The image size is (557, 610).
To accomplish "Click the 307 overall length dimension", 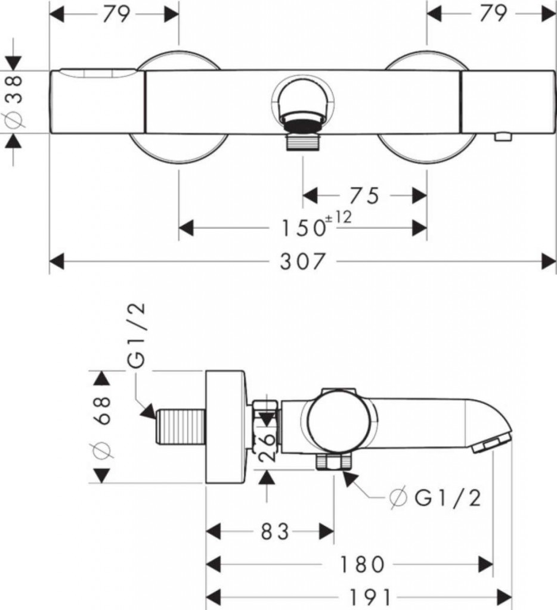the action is click(302, 261).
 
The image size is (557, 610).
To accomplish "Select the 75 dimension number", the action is click(364, 195).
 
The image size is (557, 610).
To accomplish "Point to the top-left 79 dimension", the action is click(116, 14).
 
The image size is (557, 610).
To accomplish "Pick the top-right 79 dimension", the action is click(493, 13).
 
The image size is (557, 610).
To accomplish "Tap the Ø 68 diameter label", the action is click(101, 427).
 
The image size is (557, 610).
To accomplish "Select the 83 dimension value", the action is click(275, 532).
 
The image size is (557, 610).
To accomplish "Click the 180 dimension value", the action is click(362, 565).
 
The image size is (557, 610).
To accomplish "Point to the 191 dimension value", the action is click(370, 597).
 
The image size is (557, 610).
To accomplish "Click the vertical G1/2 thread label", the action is click(137, 335).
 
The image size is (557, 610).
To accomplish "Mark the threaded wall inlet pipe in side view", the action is click(181, 427).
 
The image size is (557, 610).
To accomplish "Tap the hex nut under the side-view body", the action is click(334, 462).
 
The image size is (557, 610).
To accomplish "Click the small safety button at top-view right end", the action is click(503, 136).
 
